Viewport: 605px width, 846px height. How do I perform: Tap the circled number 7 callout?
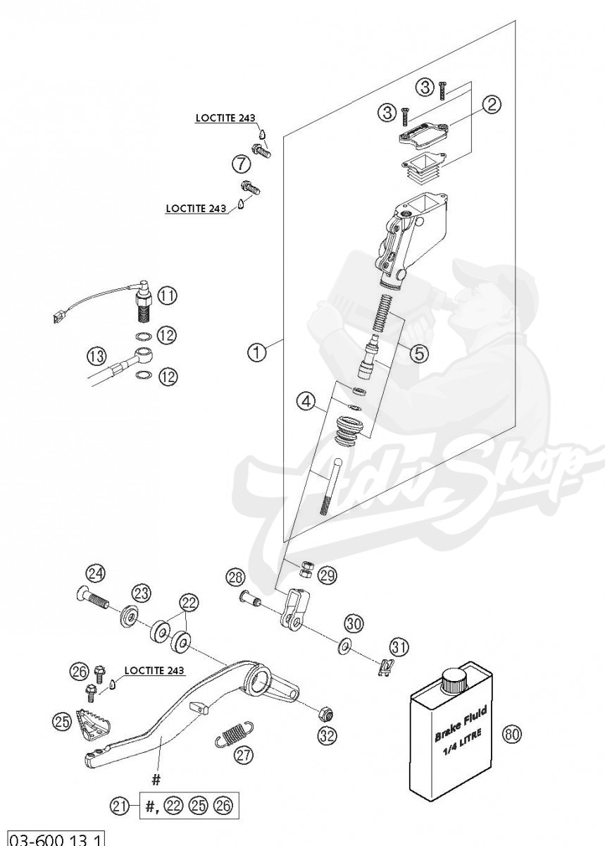point(241,165)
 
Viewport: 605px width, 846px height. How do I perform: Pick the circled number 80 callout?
point(513,735)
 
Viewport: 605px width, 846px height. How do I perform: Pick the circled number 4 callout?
point(306,403)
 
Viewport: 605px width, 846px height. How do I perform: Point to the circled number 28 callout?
point(235,577)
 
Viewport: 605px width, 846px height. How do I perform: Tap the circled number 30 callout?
point(354,623)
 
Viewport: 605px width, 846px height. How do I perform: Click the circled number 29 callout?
point(326,575)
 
